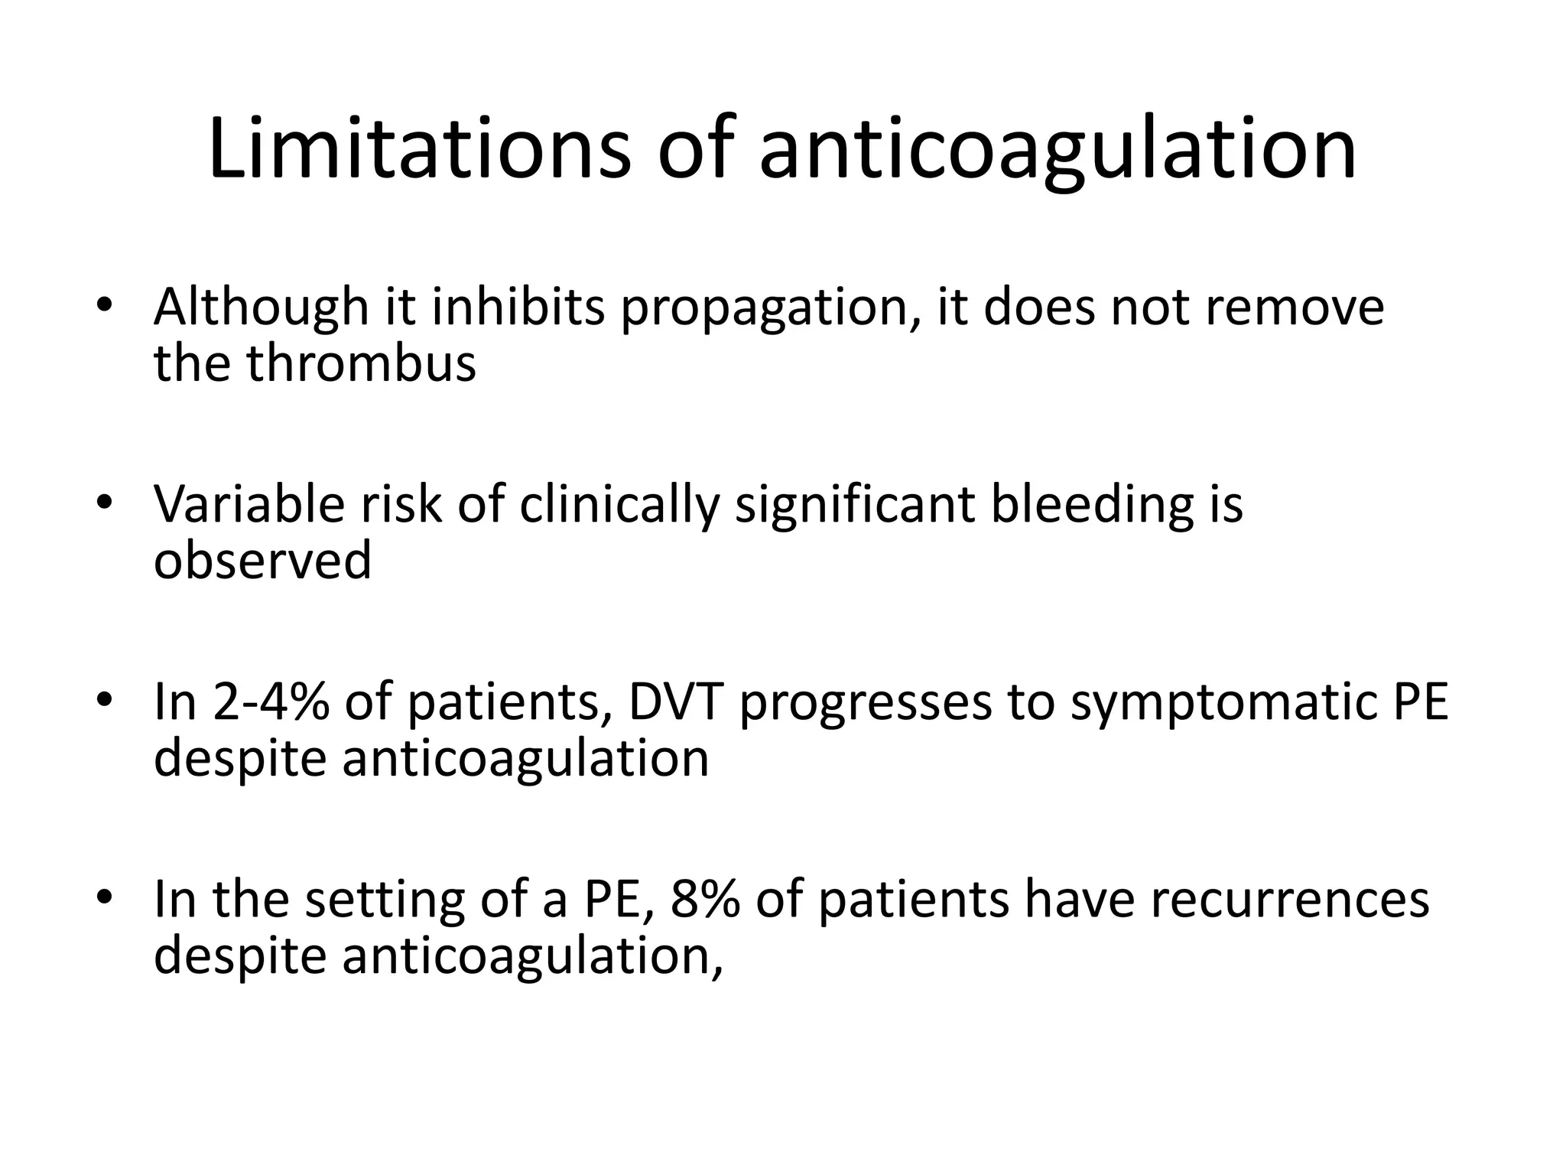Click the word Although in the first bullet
tap(261, 308)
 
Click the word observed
tap(262, 561)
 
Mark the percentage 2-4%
tap(271, 702)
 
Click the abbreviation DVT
tap(675, 702)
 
